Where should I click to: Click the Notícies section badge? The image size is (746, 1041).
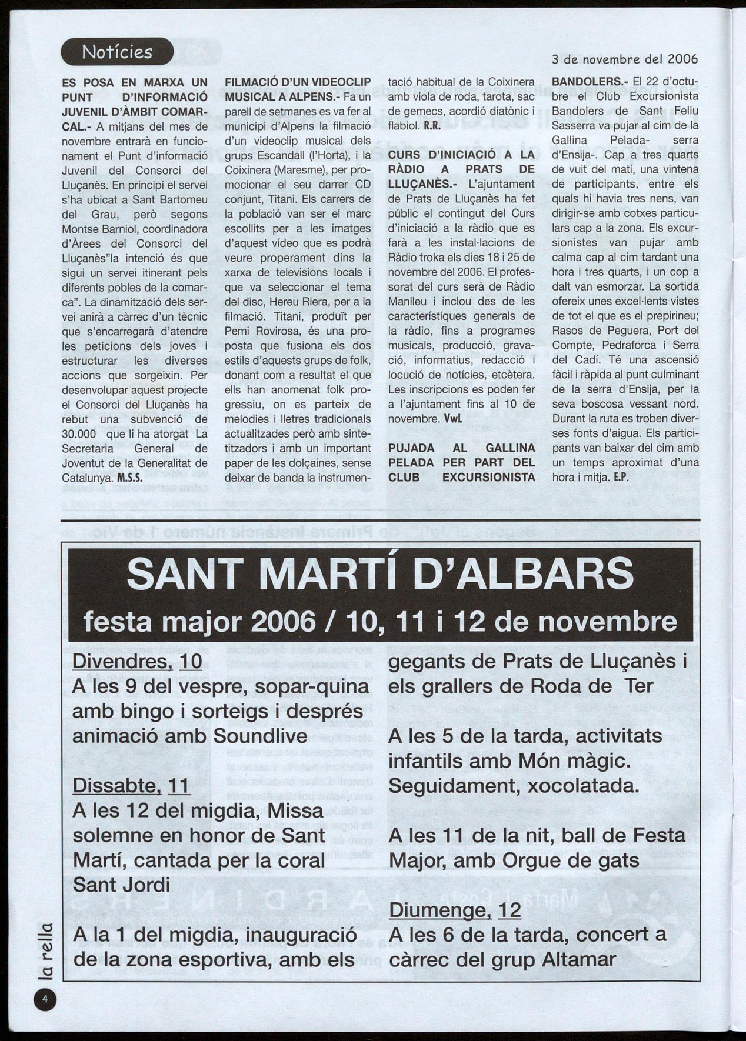click(117, 52)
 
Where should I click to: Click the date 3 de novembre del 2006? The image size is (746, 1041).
click(625, 59)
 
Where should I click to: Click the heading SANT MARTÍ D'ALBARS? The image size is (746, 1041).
click(381, 574)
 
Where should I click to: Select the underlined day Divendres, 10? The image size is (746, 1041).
click(137, 662)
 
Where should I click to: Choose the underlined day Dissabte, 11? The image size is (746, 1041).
click(131, 786)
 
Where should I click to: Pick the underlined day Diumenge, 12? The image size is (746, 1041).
click(455, 910)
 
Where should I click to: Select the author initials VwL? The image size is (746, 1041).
click(452, 419)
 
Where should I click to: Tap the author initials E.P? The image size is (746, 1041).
click(621, 478)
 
